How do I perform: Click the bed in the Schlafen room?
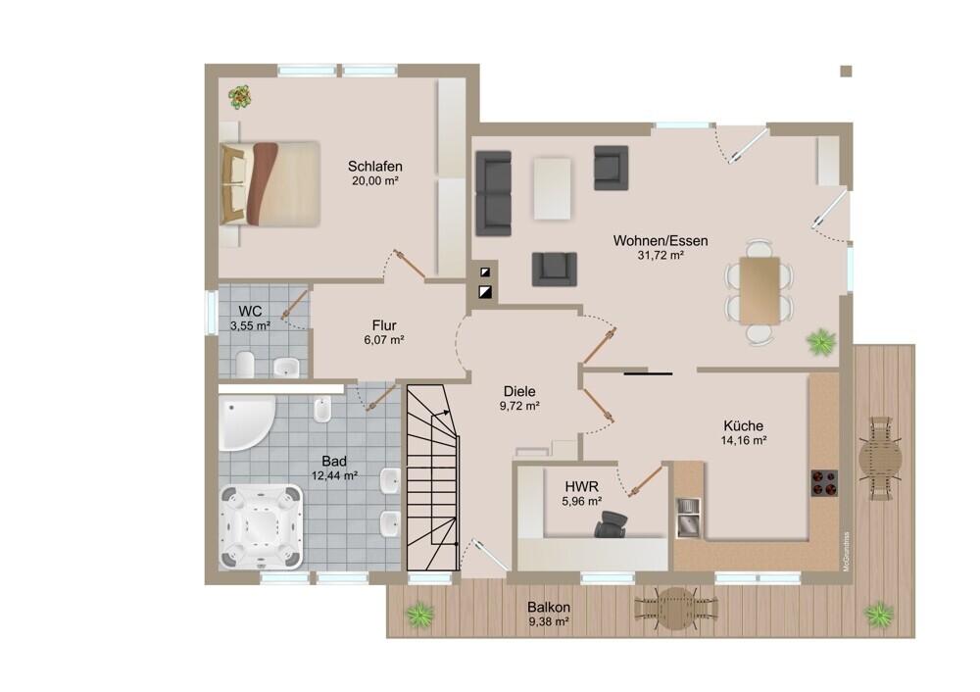click(x=269, y=183)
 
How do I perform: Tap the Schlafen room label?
click(x=375, y=167)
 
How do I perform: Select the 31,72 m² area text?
click(x=660, y=255)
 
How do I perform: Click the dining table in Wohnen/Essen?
click(x=759, y=291)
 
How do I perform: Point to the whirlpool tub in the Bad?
click(x=262, y=526)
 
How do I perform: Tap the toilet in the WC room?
click(x=245, y=365)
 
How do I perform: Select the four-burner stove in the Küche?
click(x=824, y=482)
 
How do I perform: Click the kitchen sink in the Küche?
click(x=689, y=518)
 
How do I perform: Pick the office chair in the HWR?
click(x=611, y=524)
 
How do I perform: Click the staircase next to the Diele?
click(x=433, y=477)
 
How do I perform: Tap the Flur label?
click(x=384, y=325)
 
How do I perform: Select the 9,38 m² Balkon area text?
click(x=548, y=622)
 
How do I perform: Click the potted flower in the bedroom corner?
click(x=240, y=97)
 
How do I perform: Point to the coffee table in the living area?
click(x=552, y=188)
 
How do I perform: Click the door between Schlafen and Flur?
click(x=410, y=265)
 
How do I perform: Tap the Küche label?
click(x=743, y=425)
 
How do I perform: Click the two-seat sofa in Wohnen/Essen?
click(x=494, y=193)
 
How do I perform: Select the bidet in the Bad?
click(x=322, y=410)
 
